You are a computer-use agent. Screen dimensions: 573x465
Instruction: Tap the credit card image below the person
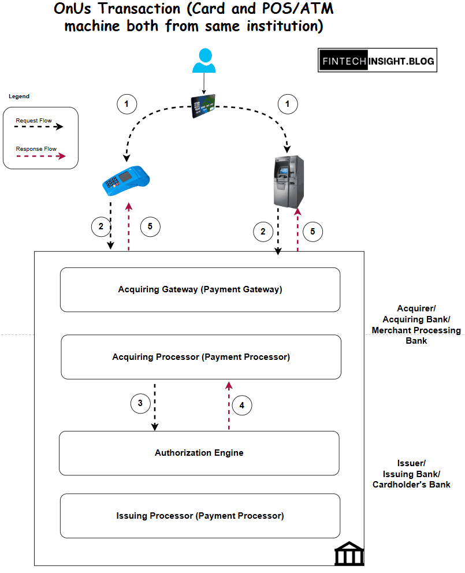pyautogui.click(x=203, y=105)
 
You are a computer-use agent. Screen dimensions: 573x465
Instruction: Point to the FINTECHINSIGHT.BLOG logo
pyautogui.click(x=377, y=60)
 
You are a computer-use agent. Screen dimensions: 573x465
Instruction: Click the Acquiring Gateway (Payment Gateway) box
pyautogui.click(x=200, y=289)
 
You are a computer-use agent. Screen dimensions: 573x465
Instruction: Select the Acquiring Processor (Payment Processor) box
pyautogui.click(x=201, y=357)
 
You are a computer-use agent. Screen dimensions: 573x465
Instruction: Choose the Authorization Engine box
pyautogui.click(x=199, y=453)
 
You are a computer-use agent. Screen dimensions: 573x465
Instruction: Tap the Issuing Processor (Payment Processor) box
pyautogui.click(x=200, y=515)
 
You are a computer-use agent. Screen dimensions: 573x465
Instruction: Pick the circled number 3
pyautogui.click(x=140, y=403)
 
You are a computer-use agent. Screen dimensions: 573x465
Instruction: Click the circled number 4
pyautogui.click(x=242, y=405)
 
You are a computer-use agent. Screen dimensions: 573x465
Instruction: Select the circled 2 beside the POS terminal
pyautogui.click(x=101, y=226)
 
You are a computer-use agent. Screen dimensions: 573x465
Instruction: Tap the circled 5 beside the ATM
pyautogui.click(x=313, y=232)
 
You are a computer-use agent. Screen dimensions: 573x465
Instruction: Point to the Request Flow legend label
pyautogui.click(x=34, y=121)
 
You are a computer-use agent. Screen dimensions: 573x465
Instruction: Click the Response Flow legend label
pyautogui.click(x=36, y=149)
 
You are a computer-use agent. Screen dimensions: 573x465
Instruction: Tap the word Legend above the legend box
pyautogui.click(x=19, y=96)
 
